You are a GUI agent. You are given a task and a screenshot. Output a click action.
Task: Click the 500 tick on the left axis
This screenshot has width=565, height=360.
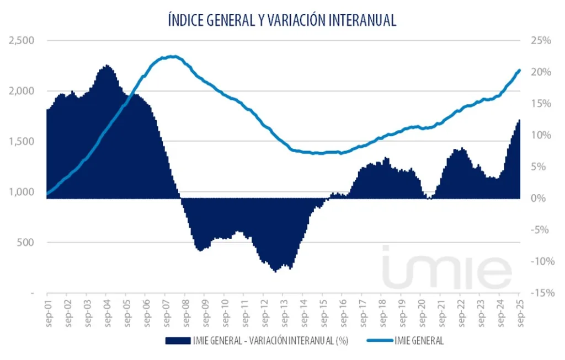click(x=25, y=243)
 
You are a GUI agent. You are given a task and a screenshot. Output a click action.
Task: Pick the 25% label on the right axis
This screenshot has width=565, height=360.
click(x=541, y=41)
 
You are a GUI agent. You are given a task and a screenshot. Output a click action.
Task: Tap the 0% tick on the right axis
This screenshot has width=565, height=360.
click(x=543, y=198)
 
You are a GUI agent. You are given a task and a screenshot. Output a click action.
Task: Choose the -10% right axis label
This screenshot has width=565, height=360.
click(x=540, y=261)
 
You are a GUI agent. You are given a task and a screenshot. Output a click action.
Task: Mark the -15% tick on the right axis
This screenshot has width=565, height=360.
click(x=540, y=293)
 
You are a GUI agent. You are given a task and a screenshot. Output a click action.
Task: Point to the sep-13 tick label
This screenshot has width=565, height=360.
click(x=284, y=313)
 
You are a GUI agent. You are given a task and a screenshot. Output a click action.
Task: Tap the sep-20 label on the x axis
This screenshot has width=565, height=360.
click(x=422, y=313)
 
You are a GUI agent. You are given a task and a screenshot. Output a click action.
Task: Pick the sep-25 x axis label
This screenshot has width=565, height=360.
click(x=520, y=313)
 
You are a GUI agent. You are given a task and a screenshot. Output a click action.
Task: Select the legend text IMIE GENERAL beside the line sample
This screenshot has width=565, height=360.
click(x=420, y=341)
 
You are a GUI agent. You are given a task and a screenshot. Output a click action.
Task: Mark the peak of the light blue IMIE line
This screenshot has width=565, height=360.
click(x=172, y=56)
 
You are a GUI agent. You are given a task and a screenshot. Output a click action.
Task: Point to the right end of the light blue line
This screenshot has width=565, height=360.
click(x=519, y=70)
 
